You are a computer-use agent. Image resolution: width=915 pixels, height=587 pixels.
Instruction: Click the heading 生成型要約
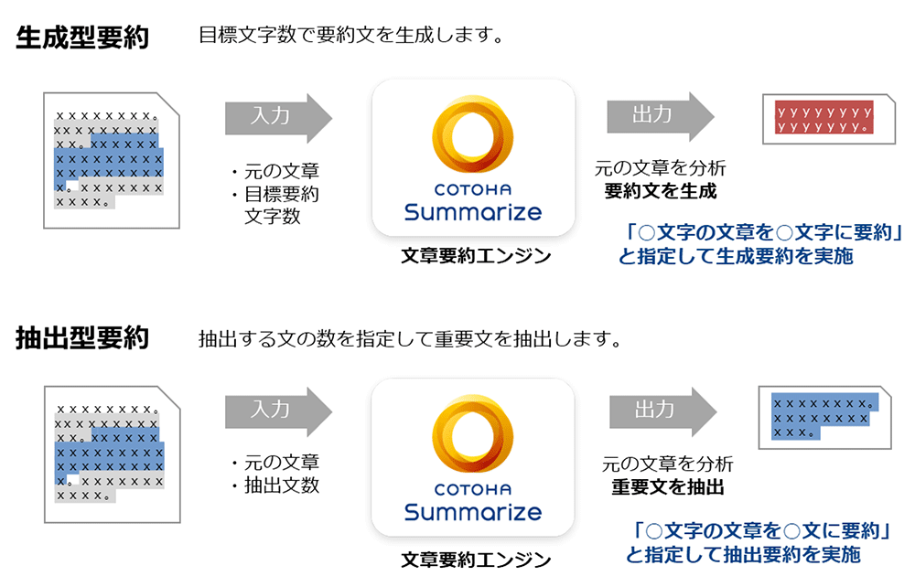[x=82, y=37]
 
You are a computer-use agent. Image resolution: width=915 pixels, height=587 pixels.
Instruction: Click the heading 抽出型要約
[x=82, y=338]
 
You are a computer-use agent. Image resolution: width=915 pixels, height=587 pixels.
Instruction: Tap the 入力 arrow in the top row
[x=278, y=118]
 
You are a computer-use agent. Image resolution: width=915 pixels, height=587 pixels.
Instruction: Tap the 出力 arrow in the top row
[x=661, y=117]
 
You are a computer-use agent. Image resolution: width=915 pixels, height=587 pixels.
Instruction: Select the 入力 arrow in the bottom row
[x=278, y=411]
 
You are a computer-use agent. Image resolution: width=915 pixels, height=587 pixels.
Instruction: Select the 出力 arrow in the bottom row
[x=662, y=411]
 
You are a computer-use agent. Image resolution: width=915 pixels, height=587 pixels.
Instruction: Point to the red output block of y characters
[x=824, y=117]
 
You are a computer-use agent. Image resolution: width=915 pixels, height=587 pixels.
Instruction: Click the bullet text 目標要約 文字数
[x=281, y=205]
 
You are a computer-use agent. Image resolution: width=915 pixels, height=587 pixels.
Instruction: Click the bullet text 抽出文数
[x=281, y=485]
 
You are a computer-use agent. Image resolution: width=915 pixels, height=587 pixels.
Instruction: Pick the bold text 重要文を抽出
[x=668, y=486]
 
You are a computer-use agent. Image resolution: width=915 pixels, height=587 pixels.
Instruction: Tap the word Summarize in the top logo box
[x=473, y=212]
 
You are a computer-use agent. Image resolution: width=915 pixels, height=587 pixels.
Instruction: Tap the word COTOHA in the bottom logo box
[x=473, y=489]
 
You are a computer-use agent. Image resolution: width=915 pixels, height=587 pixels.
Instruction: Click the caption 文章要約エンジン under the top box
[x=476, y=256]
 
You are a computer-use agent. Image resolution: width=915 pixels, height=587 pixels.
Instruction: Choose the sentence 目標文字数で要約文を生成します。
[x=351, y=35]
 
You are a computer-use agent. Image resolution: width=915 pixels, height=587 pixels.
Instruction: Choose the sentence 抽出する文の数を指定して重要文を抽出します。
[x=410, y=338]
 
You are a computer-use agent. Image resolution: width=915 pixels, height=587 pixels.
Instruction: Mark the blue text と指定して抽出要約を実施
[x=743, y=554]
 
